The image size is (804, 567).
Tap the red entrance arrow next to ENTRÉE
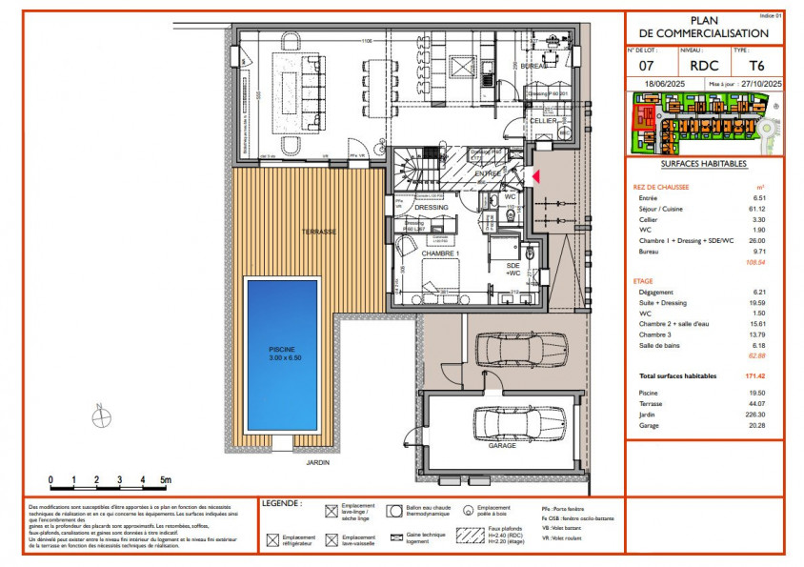[x=535, y=176]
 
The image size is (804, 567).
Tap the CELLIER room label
[x=543, y=122]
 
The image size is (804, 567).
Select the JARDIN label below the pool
[x=317, y=463]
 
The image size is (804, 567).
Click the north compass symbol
[x=98, y=414]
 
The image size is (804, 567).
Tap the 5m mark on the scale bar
[x=164, y=479]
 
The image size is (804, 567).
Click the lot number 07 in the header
[x=645, y=66]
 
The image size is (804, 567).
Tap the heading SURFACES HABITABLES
[x=703, y=163]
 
